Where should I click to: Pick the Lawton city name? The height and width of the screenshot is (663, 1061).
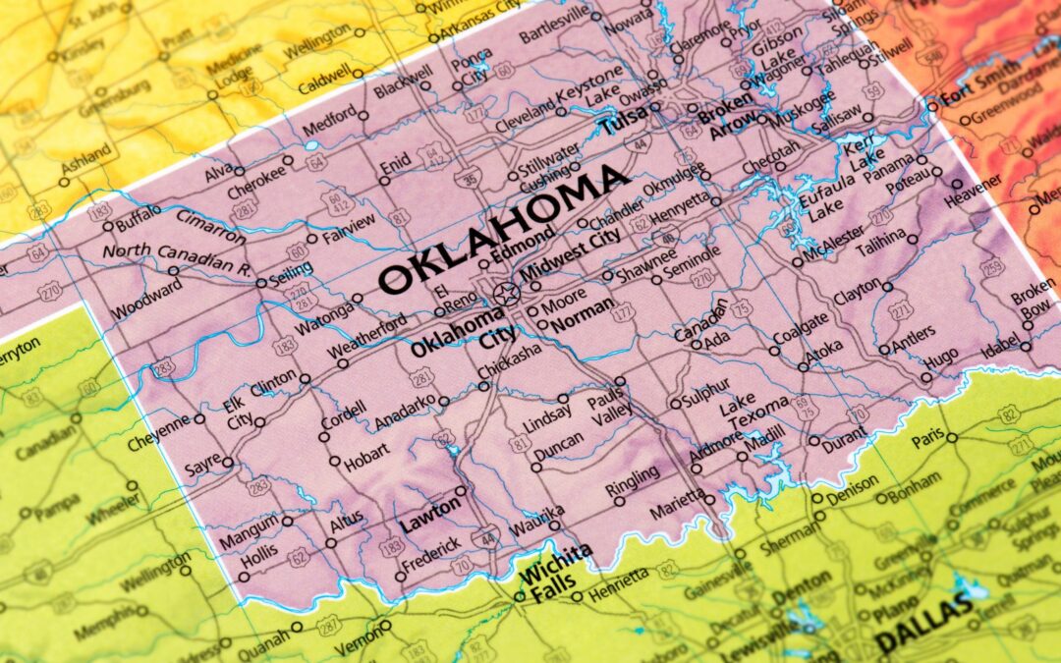[428, 509]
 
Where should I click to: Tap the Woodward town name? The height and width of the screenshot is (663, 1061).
[146, 301]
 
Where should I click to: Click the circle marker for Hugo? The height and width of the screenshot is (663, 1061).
[925, 376]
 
